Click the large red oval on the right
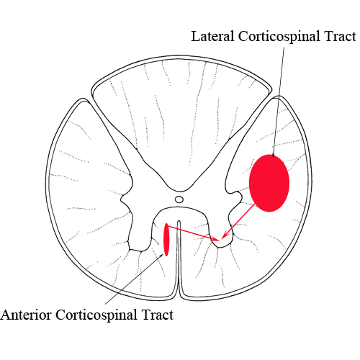(x=269, y=183)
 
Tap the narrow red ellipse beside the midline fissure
(x=166, y=240)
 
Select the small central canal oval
(x=179, y=199)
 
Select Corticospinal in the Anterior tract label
(x=96, y=316)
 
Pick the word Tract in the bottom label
(x=158, y=315)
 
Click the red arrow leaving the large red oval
(x=238, y=221)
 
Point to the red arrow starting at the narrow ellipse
(x=193, y=233)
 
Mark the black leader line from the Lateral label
(x=279, y=102)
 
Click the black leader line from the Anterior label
(x=135, y=279)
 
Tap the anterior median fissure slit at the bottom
(x=179, y=259)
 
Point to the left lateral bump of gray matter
(x=126, y=199)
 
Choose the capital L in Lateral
(x=195, y=37)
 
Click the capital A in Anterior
(x=5, y=315)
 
